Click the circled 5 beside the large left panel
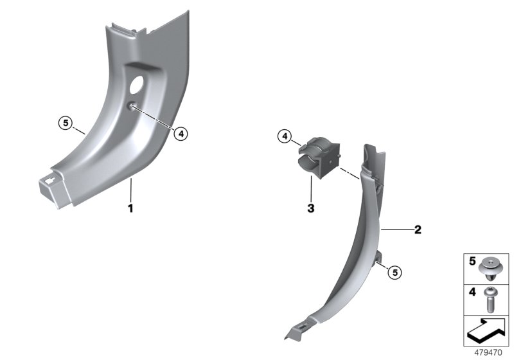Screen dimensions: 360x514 coord(63,122)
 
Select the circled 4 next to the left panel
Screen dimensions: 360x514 coord(181,134)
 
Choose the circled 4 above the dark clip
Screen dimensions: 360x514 coord(285,136)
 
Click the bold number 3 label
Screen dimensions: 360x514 coord(310,208)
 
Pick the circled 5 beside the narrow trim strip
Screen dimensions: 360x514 coord(395,273)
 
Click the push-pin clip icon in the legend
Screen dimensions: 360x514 coord(492,266)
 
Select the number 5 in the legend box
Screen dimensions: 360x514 coord(472,261)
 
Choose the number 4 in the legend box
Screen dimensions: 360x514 coord(472,291)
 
